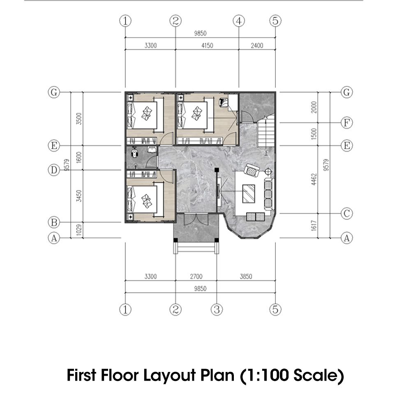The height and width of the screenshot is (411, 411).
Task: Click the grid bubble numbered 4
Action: pyautogui.click(x=239, y=21)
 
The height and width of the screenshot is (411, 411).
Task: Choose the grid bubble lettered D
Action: pyautogui.click(x=53, y=170)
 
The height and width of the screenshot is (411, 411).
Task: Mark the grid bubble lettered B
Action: pyautogui.click(x=53, y=222)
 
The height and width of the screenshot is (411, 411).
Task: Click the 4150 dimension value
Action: pyautogui.click(x=207, y=46)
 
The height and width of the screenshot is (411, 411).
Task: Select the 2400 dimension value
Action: pyautogui.click(x=257, y=46)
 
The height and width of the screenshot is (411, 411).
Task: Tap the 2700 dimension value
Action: pyautogui.click(x=196, y=277)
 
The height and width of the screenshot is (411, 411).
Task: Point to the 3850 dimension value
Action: pyautogui.click(x=246, y=277)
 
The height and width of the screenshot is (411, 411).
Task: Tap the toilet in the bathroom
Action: pyautogui.click(x=134, y=153)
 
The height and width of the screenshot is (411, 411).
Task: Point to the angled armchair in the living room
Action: pyautogui.click(x=251, y=170)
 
